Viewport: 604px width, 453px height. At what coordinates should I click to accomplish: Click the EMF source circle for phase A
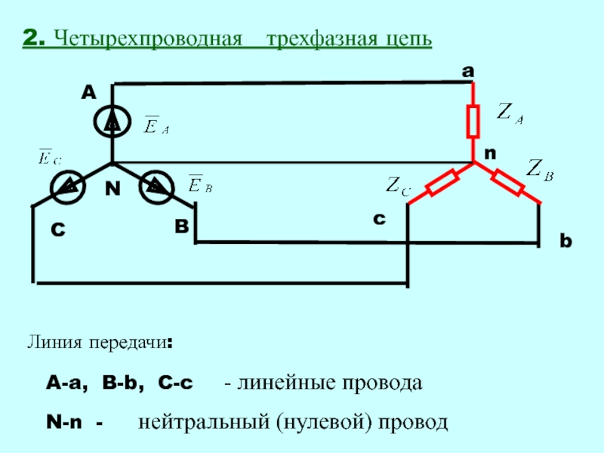pos(112,122)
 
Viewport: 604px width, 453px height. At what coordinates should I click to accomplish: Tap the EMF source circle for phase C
pos(68,184)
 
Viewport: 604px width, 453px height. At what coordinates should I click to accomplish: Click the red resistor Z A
pos(473,122)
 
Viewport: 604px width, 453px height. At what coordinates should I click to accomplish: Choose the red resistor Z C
pos(442,182)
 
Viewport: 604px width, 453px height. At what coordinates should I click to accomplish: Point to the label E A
pos(156,126)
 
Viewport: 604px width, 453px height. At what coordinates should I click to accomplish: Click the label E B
pos(200,184)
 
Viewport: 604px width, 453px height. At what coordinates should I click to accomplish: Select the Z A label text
pos(510,113)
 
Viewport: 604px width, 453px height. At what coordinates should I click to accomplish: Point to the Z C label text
pos(398,185)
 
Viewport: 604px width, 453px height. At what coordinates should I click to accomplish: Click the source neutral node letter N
pos(112,190)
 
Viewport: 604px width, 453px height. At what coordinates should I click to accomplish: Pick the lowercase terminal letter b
pos(566,242)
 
